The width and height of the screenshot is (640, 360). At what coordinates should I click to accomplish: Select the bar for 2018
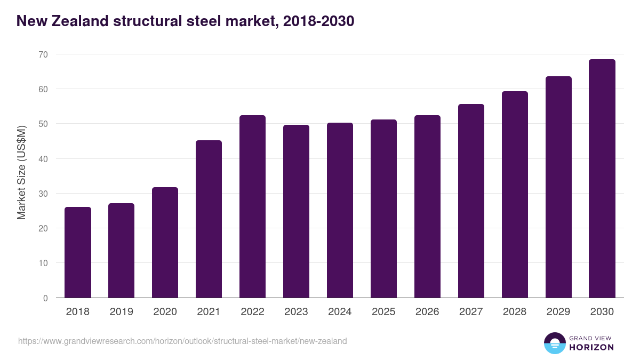[x=78, y=252]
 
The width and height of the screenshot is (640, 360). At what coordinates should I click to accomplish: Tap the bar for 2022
[x=252, y=206]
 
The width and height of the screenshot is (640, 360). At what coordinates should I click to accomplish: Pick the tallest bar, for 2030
[x=602, y=179]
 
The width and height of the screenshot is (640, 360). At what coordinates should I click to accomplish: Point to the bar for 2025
[x=383, y=209]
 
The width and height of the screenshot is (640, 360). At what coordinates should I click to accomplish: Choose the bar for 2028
[x=515, y=195]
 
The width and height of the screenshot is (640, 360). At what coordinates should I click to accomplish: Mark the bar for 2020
[x=165, y=243]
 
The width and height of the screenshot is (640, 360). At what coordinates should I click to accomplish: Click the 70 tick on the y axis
[x=43, y=54]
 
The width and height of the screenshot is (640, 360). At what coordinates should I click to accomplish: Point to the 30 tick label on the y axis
[x=43, y=194]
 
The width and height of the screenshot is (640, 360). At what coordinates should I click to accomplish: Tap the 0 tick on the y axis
[x=45, y=298]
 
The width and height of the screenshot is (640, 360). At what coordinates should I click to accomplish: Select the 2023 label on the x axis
[x=296, y=312]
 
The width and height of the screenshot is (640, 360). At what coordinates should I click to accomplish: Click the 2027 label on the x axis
[x=471, y=312]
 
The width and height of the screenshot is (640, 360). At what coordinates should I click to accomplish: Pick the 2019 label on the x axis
[x=121, y=312]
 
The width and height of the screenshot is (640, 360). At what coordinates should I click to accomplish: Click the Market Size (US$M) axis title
[x=21, y=172]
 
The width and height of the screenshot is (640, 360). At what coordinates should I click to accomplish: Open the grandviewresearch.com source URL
[x=182, y=341]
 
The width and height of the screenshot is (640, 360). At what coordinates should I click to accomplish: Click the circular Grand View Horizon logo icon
[x=555, y=343]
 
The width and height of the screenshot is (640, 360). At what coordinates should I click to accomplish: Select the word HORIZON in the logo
[x=591, y=347]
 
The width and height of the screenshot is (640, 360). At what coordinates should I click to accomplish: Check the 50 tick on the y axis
[x=43, y=124]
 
